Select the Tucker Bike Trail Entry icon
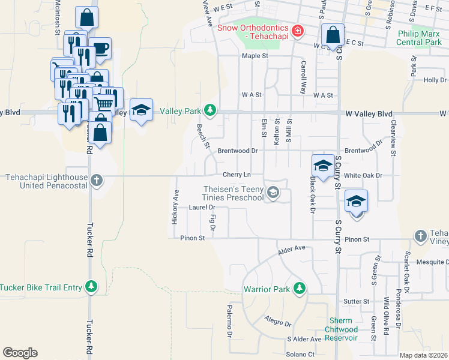(x=91, y=287)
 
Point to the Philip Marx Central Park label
(x=420, y=38)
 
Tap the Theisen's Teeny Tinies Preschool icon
(x=273, y=193)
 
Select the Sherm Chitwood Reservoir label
(x=341, y=329)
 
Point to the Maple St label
(x=255, y=56)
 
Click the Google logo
(x=20, y=353)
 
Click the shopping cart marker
(x=104, y=103)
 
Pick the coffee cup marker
(x=100, y=49)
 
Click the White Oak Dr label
(x=363, y=175)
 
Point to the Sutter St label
(x=357, y=301)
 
